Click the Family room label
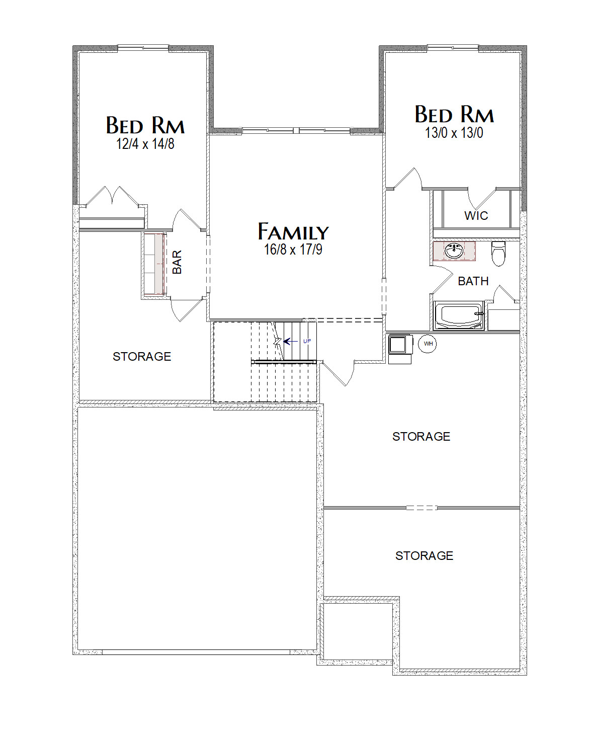[293, 231]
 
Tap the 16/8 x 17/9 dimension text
[293, 250]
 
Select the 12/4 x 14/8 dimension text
[145, 143]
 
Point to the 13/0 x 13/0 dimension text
[454, 132]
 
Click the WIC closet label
[476, 216]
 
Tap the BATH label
[473, 281]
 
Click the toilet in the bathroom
[498, 254]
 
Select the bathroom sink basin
[454, 251]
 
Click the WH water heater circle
[428, 344]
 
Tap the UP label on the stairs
[307, 341]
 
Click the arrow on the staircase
[291, 342]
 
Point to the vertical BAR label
[177, 262]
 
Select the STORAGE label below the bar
[142, 357]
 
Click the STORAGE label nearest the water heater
[421, 437]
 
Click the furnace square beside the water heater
[398, 344]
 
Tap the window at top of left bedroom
[143, 47]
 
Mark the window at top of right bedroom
[453, 47]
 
